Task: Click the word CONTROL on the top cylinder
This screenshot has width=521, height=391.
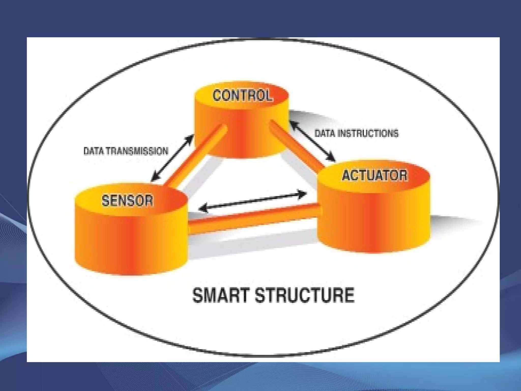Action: tap(242, 96)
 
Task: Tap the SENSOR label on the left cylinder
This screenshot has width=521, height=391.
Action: tap(127, 200)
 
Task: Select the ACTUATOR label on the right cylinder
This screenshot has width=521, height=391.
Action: tap(375, 175)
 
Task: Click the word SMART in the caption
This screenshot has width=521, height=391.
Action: tap(220, 295)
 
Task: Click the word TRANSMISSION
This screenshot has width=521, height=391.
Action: tap(137, 151)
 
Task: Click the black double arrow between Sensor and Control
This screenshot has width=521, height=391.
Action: tap(172, 158)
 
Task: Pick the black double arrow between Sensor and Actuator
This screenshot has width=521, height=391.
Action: tap(253, 201)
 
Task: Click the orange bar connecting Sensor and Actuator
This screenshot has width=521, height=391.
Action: tap(254, 216)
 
